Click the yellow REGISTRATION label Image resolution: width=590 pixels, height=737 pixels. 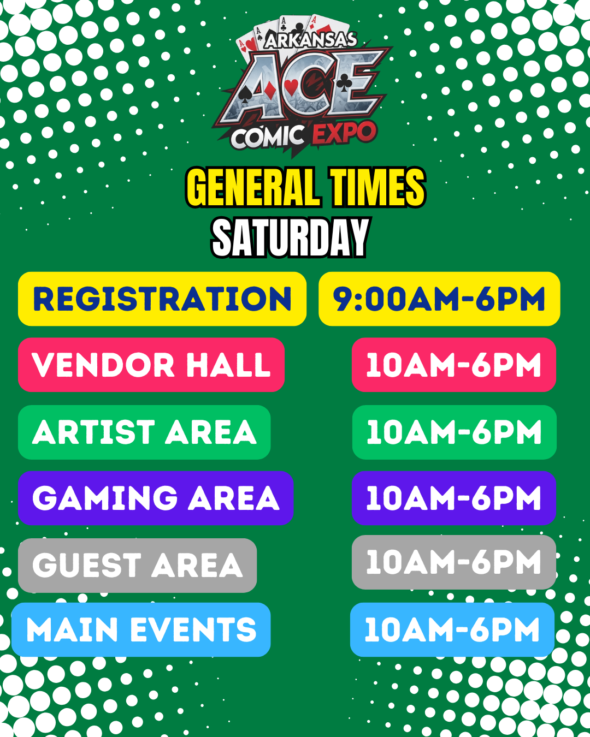tap(162, 299)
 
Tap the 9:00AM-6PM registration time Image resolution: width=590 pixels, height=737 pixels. tap(439, 299)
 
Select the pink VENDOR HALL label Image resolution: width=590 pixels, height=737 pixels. tap(151, 365)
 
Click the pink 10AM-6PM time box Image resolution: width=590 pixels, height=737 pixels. tap(454, 365)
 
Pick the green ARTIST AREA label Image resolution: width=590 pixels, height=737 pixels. tap(144, 432)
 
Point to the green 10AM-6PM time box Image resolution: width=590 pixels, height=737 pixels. tap(454, 432)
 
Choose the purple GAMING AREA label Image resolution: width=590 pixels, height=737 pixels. tap(156, 498)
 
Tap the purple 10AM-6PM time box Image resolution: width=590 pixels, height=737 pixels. tap(454, 498)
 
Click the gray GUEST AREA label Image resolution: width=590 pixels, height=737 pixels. tap(138, 566)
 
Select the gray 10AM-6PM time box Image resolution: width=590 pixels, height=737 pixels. tap(454, 562)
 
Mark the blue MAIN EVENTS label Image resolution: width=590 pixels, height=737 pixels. tap(141, 629)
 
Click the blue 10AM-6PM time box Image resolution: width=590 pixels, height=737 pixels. tap(452, 629)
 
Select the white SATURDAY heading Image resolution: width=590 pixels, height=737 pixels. tap(290, 237)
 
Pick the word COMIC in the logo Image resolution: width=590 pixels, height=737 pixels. tap(268, 137)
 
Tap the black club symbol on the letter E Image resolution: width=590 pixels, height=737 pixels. tap(344, 83)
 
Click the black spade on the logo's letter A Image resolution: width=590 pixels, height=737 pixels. tap(244, 94)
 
